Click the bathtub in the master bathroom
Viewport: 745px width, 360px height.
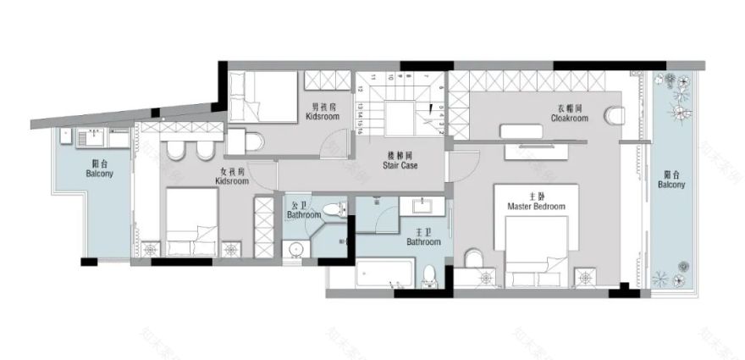(x=386, y=275)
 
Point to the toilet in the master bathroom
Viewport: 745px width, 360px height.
(x=430, y=274)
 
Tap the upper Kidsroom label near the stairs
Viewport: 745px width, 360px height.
(x=322, y=112)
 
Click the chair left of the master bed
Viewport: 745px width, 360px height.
(x=473, y=257)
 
